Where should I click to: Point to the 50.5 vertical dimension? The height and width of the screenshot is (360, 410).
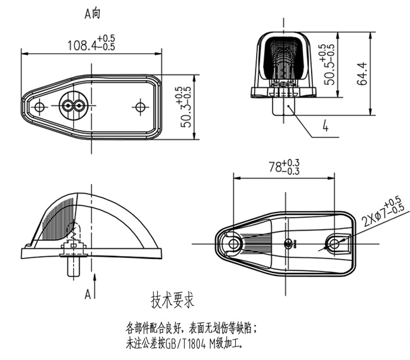328,65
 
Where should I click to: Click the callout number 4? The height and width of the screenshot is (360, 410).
325,127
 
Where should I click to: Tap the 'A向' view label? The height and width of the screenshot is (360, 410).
92,13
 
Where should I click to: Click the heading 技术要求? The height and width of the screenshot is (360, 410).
172,298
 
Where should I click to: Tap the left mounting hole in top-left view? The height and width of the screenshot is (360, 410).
39,107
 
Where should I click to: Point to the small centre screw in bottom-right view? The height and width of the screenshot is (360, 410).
290,243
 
